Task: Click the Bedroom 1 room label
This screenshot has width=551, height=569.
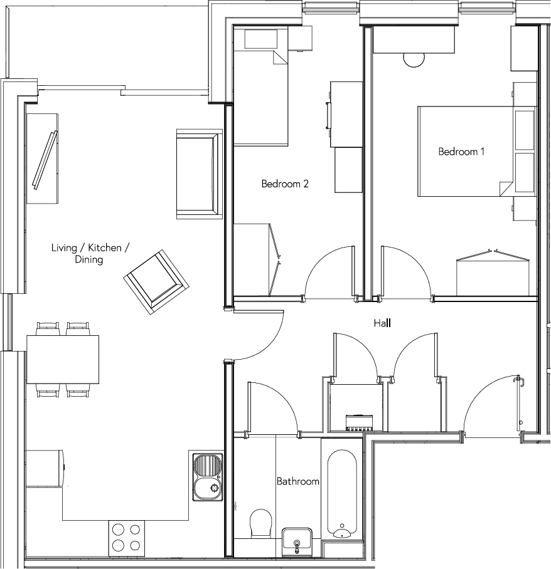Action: coord(461,152)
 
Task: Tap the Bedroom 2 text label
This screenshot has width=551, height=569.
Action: coord(285,184)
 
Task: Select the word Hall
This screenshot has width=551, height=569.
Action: coord(382,323)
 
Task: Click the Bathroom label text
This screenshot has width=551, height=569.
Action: coord(298,482)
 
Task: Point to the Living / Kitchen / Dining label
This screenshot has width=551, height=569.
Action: coord(90,253)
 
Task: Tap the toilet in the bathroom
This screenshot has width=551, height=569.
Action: coord(260,523)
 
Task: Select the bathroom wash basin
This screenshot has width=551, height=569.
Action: coord(297,540)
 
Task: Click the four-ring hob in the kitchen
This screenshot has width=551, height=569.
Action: coord(126,536)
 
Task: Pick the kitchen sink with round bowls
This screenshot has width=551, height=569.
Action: coord(207,476)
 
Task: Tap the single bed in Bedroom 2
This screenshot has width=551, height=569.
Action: coord(260,94)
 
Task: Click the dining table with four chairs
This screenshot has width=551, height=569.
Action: coord(63,359)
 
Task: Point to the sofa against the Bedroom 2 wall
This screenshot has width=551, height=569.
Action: coord(199,174)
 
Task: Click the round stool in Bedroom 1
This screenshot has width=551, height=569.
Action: coord(414,59)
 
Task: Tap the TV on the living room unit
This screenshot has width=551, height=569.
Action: coord(45,159)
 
